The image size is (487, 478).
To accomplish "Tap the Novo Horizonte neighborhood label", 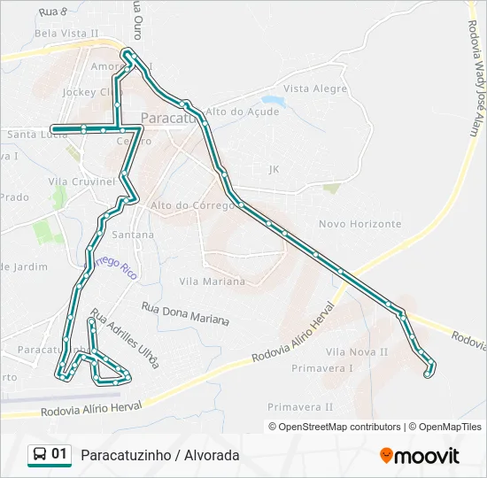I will point(359,224).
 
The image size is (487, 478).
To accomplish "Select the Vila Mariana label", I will point(212,281).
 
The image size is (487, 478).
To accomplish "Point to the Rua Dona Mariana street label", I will point(185,313).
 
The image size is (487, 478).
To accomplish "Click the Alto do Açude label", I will point(242,112).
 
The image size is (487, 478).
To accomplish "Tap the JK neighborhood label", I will point(273,168).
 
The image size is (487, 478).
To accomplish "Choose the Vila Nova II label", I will point(357,351).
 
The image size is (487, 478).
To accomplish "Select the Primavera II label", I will point(300,407).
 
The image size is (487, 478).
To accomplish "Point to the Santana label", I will point(133,235).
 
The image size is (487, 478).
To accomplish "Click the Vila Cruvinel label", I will point(82,181).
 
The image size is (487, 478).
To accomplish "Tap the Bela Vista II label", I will point(66,33).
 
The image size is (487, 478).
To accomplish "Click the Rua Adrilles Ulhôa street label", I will point(125,339).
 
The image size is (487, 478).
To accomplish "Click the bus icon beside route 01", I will point(40,455).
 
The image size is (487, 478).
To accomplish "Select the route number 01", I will point(59,454).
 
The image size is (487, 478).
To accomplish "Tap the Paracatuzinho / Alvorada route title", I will point(160,455).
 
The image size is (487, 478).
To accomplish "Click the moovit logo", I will point(420,456).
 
